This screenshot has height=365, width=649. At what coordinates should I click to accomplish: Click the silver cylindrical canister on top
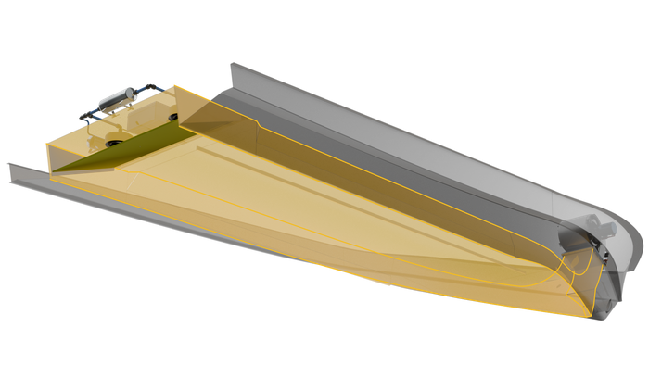point(120,96)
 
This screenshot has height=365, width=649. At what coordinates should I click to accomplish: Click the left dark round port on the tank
point(115,142)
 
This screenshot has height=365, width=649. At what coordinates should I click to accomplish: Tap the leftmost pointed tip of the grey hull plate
point(6,164)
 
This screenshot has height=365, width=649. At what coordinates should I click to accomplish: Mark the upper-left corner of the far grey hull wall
point(229,62)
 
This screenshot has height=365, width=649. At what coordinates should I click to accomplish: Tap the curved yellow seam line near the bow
point(556,278)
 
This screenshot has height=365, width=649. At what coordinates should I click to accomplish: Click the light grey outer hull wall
point(417,139)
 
